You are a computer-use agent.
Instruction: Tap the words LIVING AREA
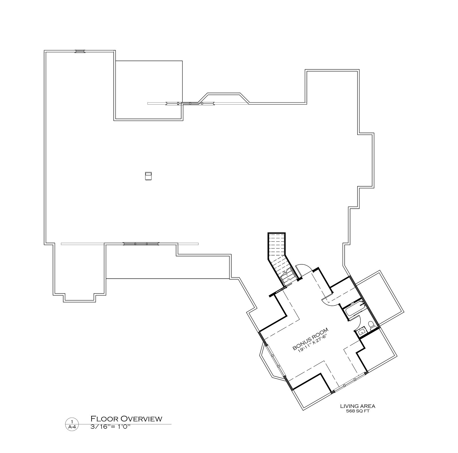click(358, 406)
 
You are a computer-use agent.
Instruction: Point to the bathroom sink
click(361, 332)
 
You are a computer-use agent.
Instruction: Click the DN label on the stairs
click(289, 279)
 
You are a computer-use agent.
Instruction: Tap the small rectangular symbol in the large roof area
click(148, 176)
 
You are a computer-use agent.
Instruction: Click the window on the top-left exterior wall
click(80, 51)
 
